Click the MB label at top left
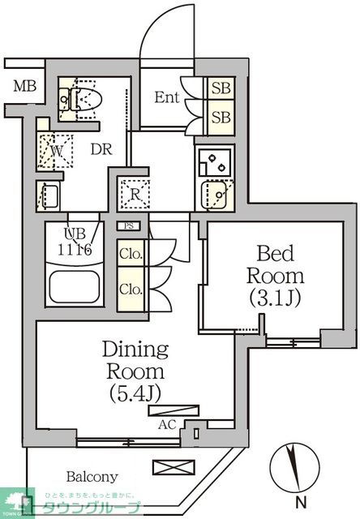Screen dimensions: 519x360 22,87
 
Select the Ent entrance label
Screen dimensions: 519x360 167,97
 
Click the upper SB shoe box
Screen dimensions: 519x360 220,88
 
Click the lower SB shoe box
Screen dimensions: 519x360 220,117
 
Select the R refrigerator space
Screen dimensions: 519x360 134,193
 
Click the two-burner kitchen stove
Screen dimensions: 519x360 213,161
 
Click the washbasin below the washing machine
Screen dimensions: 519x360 49,195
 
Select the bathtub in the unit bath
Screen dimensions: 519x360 74,287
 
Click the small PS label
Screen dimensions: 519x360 129,227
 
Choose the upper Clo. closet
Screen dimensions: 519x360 131,255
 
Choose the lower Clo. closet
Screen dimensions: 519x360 131,289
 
